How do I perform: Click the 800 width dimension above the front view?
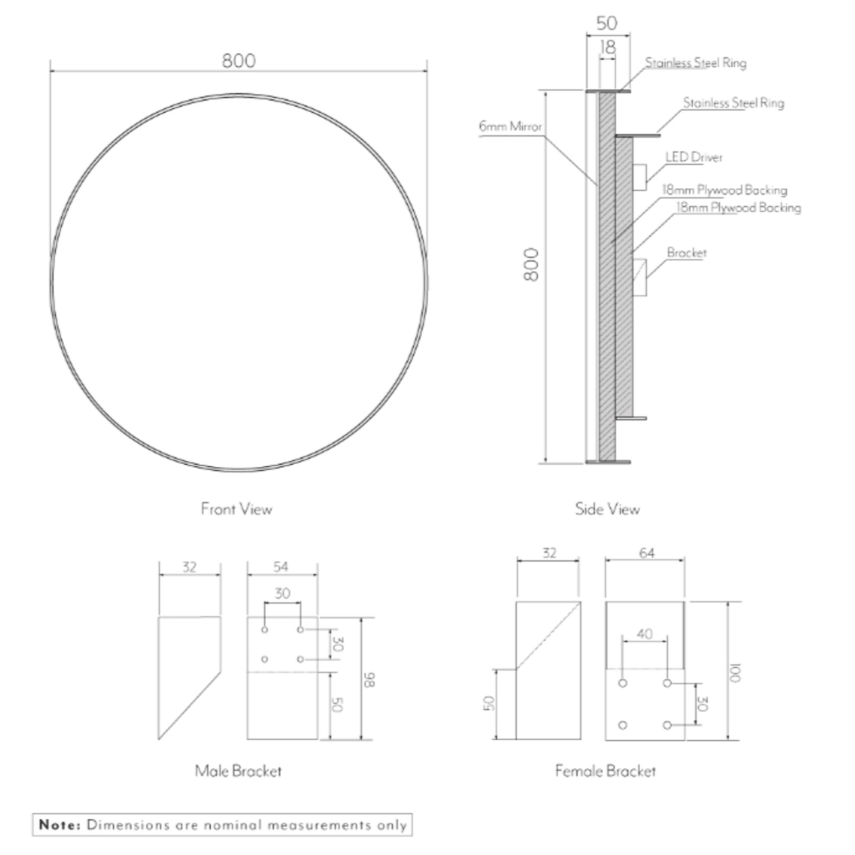[239, 61]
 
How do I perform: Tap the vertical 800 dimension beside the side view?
[531, 264]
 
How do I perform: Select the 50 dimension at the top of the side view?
[607, 23]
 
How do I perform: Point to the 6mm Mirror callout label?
[510, 126]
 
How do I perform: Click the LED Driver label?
[694, 157]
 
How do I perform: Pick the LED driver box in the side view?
[639, 177]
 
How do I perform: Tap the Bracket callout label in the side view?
[687, 253]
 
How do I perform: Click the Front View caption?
[236, 509]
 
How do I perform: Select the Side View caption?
[607, 509]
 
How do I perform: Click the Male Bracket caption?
[238, 770]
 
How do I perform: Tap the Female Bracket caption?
[605, 770]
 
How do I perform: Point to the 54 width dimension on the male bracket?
[281, 566]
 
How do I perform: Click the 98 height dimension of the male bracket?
[369, 680]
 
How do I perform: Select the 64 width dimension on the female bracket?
[646, 553]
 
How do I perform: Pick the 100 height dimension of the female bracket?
[734, 673]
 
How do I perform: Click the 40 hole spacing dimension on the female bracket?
[644, 634]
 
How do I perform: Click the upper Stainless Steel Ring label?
[695, 63]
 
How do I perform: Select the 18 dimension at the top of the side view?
[607, 47]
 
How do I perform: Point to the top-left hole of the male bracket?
[264, 630]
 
